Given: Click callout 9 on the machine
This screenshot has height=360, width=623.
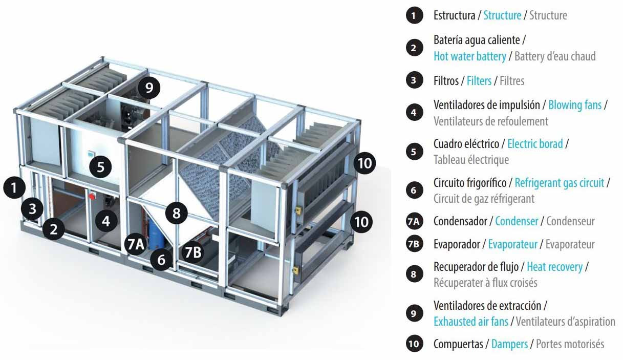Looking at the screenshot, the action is [x=149, y=88].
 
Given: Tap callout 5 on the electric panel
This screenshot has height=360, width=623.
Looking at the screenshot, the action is [x=100, y=167].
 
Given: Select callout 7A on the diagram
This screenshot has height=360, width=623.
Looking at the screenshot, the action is [x=136, y=244].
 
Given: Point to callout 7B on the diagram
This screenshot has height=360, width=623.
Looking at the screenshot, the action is [x=193, y=252].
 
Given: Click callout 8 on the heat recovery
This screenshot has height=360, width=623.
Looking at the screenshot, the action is [x=177, y=213].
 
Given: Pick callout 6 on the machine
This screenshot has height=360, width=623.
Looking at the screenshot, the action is [x=162, y=260].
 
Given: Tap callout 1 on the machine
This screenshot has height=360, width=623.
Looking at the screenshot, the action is [x=14, y=187].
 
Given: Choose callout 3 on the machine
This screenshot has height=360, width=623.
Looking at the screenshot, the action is [x=32, y=208].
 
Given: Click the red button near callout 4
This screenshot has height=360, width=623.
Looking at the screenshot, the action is [x=92, y=196].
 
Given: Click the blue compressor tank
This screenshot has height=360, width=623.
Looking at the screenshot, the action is [x=155, y=233].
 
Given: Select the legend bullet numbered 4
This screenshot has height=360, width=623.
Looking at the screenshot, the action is [x=414, y=113].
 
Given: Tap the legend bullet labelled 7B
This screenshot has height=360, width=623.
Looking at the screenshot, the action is [x=414, y=244].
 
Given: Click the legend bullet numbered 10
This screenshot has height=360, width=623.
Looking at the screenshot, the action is [x=414, y=344].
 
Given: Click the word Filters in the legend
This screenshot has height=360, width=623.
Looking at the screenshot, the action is [x=479, y=81].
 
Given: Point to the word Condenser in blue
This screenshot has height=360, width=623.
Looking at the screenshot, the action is [x=517, y=221].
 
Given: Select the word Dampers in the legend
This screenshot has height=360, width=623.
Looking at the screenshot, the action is [x=509, y=345].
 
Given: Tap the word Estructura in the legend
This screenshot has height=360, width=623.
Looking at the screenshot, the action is [x=455, y=15].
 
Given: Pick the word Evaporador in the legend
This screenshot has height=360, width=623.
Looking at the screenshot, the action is [x=457, y=245].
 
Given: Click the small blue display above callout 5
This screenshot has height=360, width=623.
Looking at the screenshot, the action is [x=91, y=153].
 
